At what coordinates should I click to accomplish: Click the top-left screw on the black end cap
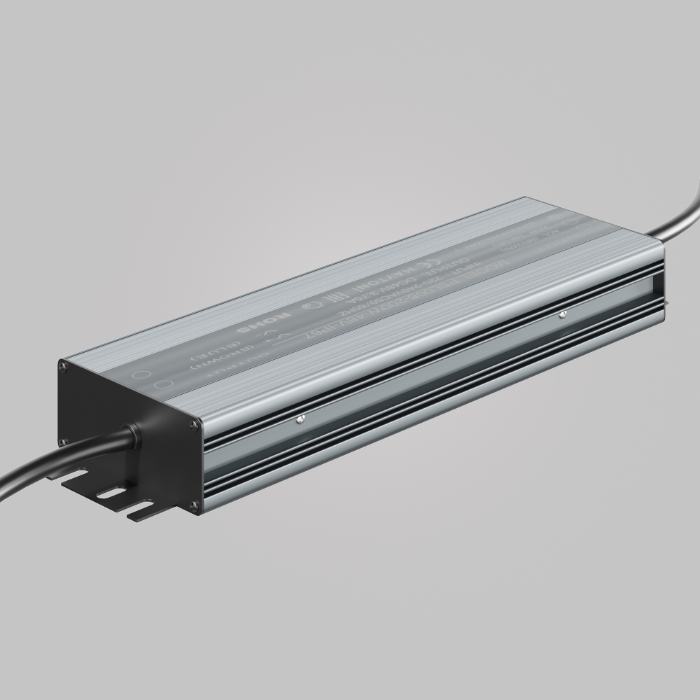64,363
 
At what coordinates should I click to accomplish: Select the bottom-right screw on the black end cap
197,505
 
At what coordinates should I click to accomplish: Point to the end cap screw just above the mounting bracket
63,442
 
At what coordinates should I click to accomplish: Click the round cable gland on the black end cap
134,438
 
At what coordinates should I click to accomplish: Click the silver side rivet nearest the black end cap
299,420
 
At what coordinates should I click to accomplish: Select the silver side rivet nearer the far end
562,315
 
